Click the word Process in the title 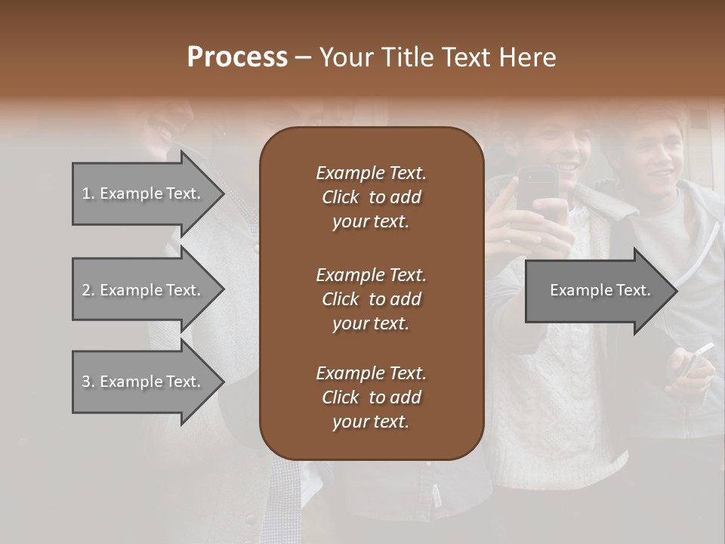[x=237, y=57]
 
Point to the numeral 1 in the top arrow [x=86, y=193]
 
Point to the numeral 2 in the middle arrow [x=86, y=290]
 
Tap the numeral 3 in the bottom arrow [x=86, y=382]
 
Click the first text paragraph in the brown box [x=371, y=197]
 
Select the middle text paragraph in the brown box [x=371, y=298]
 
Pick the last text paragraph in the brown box [x=371, y=397]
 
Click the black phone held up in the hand [x=537, y=192]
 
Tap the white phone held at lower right [x=696, y=360]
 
